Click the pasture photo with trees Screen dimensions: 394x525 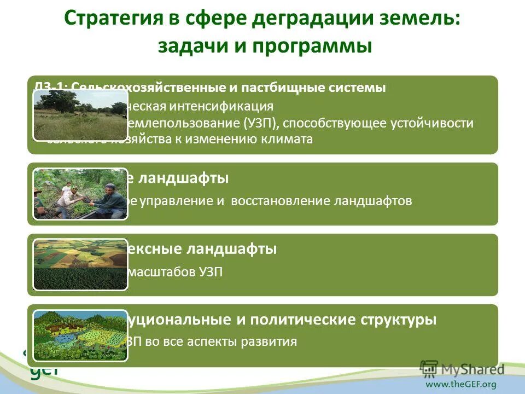(80, 115)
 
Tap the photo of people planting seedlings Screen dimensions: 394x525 (80, 194)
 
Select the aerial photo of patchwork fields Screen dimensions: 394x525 (80, 264)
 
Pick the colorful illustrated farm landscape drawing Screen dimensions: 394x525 (80, 335)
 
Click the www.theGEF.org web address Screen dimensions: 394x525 (461, 384)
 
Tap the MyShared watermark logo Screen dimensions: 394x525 (462, 368)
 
